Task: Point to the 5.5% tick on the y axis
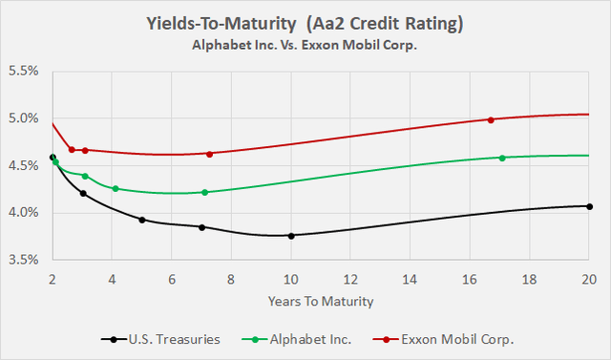tap(25, 72)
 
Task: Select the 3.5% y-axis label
tap(25, 259)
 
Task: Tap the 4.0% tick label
tap(25, 212)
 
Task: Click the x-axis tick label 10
tap(291, 279)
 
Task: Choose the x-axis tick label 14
tap(411, 279)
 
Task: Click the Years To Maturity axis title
tap(321, 301)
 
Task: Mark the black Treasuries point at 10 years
tap(291, 236)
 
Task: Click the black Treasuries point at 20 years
tap(589, 206)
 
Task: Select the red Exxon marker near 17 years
tap(491, 119)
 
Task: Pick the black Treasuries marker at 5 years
tap(142, 220)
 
